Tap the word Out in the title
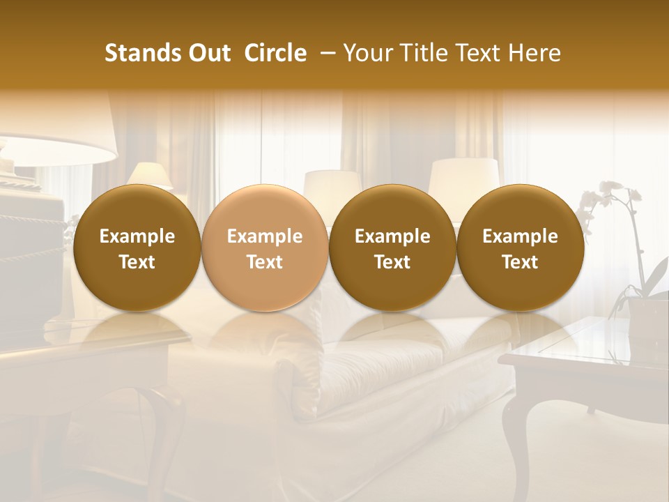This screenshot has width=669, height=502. pos(208,53)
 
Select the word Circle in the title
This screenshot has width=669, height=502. pos(275,53)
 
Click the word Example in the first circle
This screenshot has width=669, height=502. pos(137,236)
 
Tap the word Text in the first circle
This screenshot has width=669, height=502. pos(137,262)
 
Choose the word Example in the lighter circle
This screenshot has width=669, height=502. pos(265,236)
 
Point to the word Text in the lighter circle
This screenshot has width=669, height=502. pos(265,262)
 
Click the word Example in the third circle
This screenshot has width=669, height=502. pos(392,236)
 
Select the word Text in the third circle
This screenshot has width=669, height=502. pos(392,262)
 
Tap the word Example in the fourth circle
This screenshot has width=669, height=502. pos(520,236)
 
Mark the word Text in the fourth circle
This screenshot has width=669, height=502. pos(520,262)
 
